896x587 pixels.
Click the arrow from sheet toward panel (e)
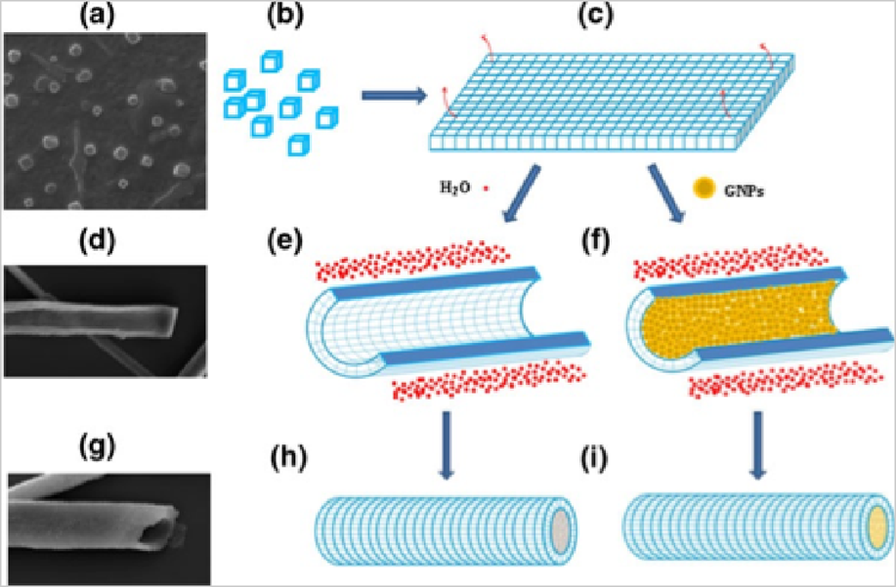coord(527,195)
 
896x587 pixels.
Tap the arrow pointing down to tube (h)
coord(446,445)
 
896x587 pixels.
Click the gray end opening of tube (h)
coord(559,528)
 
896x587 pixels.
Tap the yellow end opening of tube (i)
coord(875,528)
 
